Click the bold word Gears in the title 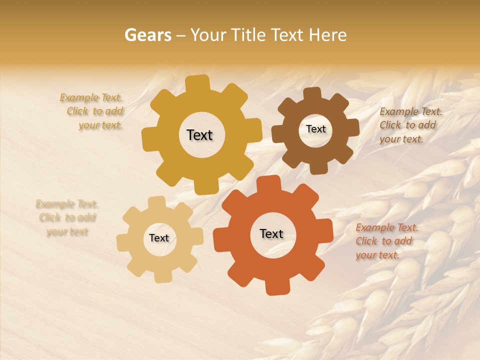coord(147,35)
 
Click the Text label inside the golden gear coord(199,135)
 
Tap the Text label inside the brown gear coord(315,129)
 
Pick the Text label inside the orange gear coord(271,234)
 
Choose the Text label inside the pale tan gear coord(159,238)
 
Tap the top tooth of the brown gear coord(312,94)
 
